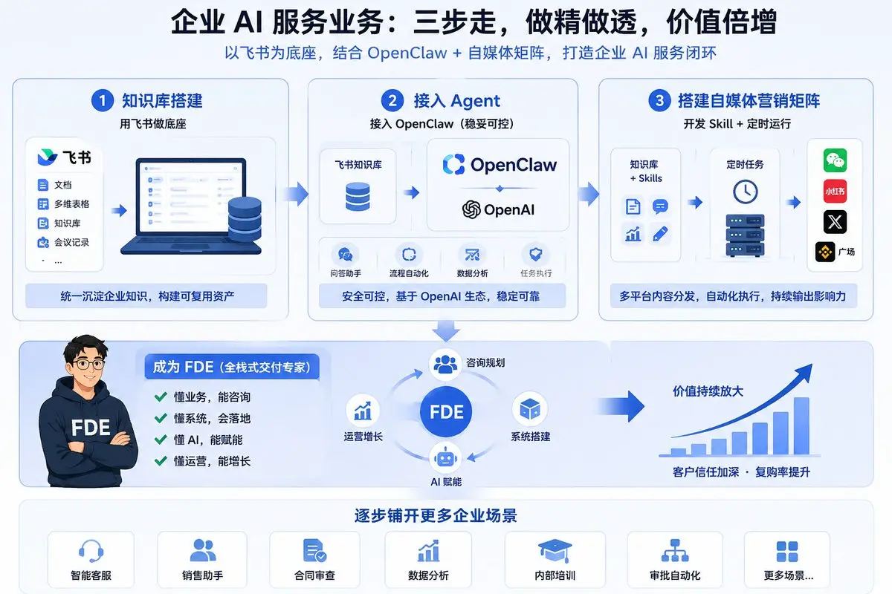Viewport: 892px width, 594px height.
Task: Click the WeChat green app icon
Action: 835,160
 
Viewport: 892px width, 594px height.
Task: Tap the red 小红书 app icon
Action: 835,192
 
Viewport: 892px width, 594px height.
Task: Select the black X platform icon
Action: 835,222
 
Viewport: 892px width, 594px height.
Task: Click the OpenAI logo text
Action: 498,209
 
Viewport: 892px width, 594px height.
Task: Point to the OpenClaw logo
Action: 500,164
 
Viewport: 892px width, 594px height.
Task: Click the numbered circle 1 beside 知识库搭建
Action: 103,100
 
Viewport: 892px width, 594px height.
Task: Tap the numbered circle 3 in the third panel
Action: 659,100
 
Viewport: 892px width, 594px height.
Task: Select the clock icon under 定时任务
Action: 745,192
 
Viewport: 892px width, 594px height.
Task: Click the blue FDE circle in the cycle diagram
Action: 446,411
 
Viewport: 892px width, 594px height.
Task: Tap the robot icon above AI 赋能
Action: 445,457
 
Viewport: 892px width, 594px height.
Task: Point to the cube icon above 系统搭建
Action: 530,408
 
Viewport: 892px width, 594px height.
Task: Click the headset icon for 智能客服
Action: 91,551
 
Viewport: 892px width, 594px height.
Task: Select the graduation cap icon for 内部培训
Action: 555,551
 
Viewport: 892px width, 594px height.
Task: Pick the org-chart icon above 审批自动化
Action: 675,551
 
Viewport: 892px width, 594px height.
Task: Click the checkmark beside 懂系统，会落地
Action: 161,418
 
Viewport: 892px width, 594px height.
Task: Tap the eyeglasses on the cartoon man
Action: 88,364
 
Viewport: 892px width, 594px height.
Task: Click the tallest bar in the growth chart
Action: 801,425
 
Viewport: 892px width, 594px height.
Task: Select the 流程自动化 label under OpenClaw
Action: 409,273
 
